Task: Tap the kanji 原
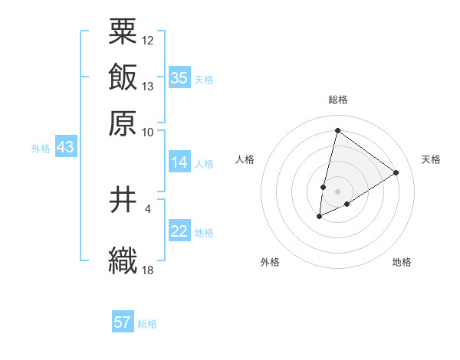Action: [123, 122]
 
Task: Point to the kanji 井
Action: [123, 201]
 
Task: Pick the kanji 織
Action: [123, 260]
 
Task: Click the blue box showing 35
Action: [179, 78]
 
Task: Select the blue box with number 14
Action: [179, 162]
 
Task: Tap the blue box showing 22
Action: [179, 232]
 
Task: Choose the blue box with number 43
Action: [65, 148]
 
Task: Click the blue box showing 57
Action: [123, 322]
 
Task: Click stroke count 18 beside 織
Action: [148, 270]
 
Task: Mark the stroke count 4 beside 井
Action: [148, 208]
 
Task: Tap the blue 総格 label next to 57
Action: [147, 324]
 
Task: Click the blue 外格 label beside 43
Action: [41, 149]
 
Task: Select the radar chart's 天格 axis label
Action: [431, 159]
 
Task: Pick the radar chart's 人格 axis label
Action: [245, 159]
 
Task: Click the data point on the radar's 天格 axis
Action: [396, 172]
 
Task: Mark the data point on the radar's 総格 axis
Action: [337, 129]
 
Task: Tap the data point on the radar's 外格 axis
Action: [320, 218]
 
